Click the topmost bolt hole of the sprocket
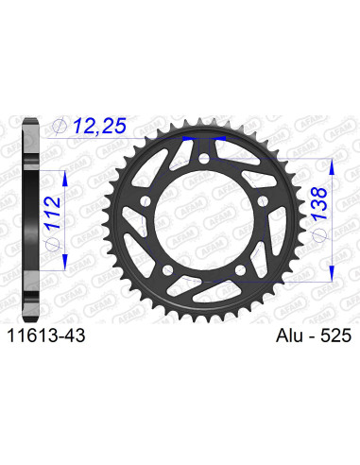tap(204, 171)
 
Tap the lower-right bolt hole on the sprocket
tap(243, 280)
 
